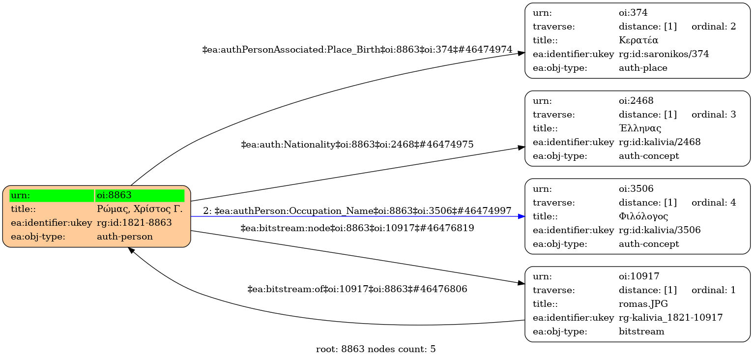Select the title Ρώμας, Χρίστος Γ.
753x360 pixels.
coord(140,209)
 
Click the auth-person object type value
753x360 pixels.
coord(125,237)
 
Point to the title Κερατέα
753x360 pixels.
coord(638,40)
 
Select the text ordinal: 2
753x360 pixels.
coord(713,27)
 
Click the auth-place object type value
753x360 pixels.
coord(643,68)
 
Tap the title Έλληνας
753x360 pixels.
coord(640,128)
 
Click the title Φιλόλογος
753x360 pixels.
coord(643,216)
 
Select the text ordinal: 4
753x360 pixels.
coord(713,203)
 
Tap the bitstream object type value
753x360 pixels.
coord(641,331)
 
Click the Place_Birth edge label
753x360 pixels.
coord(357,50)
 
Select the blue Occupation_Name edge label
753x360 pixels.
coord(357,211)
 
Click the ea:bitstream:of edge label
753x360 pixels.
coord(357,289)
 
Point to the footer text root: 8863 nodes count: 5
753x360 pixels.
coord(376,350)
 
